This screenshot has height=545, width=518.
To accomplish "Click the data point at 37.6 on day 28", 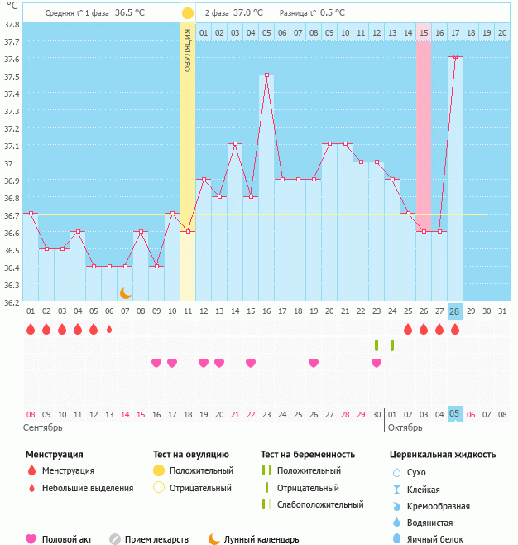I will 455,57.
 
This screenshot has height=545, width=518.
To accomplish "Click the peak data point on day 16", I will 266,75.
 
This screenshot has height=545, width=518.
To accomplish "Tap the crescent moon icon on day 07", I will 125,292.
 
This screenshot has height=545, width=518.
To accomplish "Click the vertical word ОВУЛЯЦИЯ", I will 188,55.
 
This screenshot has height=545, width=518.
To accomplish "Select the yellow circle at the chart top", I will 188,13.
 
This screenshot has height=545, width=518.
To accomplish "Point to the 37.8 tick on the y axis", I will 11,23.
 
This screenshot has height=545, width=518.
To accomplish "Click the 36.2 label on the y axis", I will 11,301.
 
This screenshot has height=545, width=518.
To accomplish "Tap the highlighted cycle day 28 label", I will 455,311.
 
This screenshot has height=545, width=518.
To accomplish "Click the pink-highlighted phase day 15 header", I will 424,32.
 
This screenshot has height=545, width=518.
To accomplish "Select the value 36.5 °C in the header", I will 129,13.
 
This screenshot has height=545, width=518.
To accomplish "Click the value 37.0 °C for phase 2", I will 247,13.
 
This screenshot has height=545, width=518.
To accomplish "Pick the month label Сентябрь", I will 44,427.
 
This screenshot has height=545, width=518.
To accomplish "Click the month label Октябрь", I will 405,427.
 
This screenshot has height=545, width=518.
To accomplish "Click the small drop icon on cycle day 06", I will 109,329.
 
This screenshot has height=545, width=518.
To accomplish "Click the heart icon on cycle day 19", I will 314,363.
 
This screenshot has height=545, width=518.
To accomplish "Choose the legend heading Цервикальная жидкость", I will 443,454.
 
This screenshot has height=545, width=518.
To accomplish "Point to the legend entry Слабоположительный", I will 319,504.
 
